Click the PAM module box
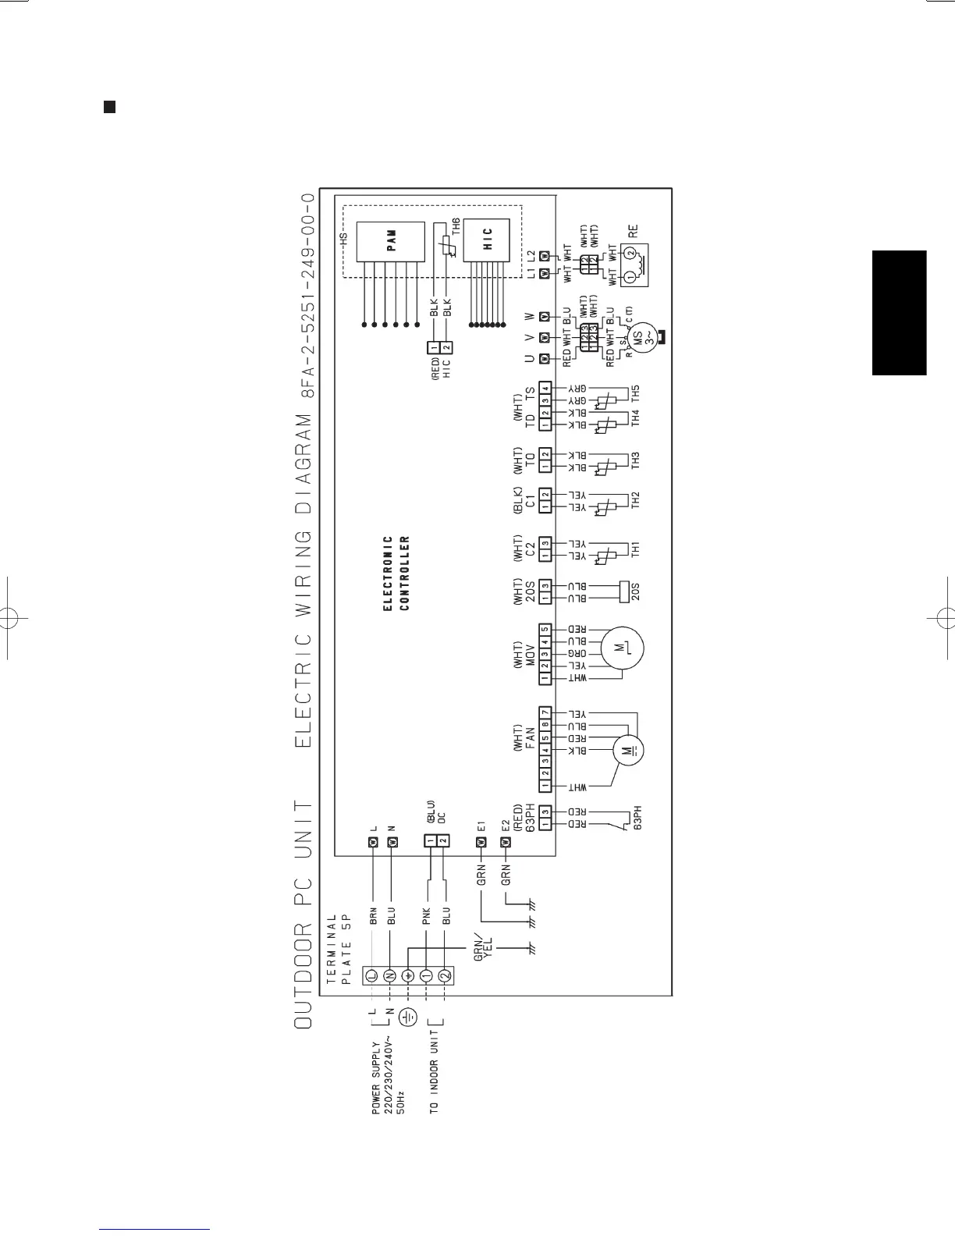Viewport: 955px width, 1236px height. point(391,242)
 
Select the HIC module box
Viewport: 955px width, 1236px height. point(487,240)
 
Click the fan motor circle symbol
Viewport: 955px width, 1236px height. point(628,751)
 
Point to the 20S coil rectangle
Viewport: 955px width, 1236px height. point(623,591)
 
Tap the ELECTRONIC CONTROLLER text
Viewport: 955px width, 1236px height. point(396,573)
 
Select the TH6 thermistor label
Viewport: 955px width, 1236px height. point(456,227)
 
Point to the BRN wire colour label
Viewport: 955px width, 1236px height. point(374,915)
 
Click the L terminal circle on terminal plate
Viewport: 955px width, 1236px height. point(371,975)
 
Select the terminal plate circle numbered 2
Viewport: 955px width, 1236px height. point(444,975)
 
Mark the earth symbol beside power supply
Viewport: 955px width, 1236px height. point(408,1017)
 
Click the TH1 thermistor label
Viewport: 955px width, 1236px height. point(636,550)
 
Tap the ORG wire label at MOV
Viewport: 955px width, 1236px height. point(577,653)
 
